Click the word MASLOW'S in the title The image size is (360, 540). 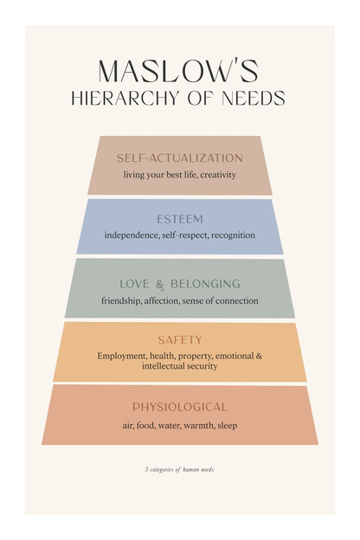[178, 71]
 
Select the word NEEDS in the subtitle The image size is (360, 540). [254, 98]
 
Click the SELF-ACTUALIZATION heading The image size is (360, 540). [180, 158]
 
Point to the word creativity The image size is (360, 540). [218, 175]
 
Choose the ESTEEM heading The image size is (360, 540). [180, 219]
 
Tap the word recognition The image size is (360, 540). [234, 235]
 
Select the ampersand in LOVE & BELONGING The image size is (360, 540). [160, 286]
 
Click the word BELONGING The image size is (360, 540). [206, 284]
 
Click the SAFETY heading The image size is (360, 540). [180, 340]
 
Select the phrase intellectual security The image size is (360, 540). [180, 366]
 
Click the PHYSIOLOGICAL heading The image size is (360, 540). [180, 407]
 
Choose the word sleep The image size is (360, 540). [228, 426]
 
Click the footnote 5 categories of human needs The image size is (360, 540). [179, 469]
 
